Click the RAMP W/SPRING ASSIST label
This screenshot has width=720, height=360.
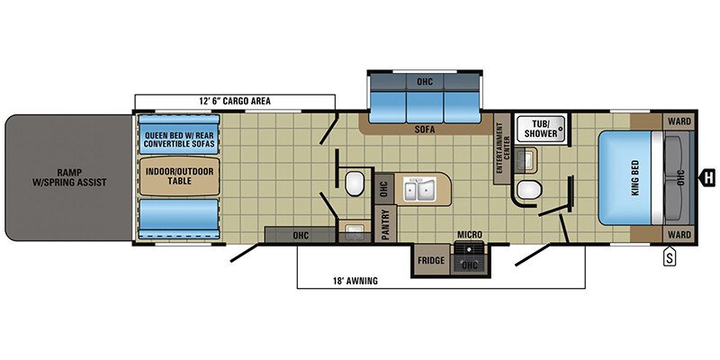tap(67, 175)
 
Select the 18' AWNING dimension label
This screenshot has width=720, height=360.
tap(352, 281)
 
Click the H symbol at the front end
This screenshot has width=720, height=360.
tap(709, 176)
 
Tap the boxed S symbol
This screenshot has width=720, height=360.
tap(670, 257)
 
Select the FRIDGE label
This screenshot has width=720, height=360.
tap(431, 260)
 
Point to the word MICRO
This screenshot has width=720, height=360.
tap(469, 235)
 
